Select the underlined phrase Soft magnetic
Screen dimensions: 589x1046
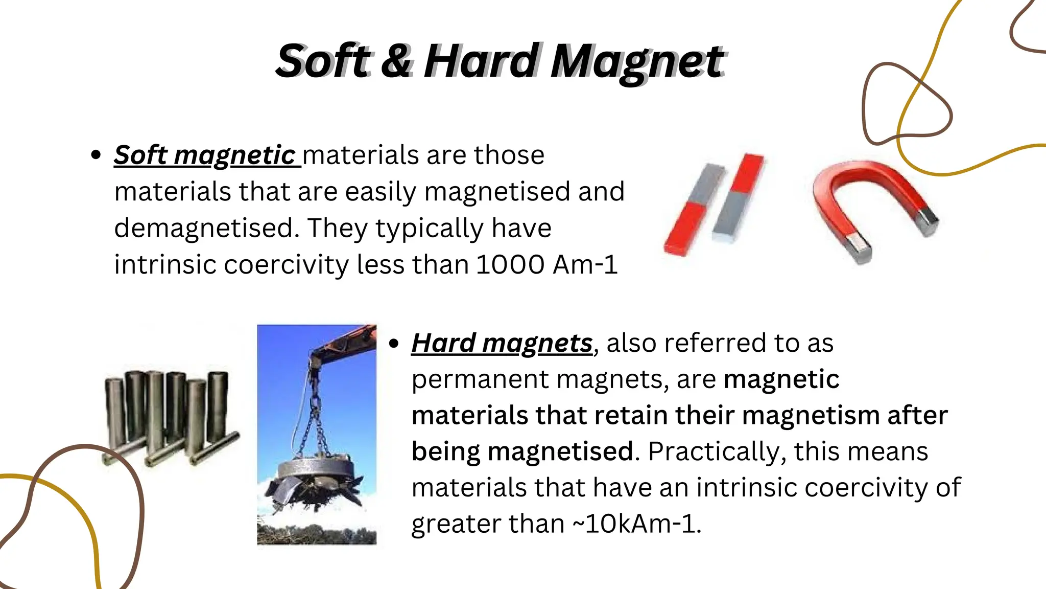[205, 155]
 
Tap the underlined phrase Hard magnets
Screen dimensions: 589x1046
[502, 343]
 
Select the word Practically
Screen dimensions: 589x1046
[713, 452]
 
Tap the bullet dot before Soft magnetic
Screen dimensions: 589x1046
[96, 155]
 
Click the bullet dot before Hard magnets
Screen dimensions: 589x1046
[393, 344]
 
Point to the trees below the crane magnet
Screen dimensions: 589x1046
[317, 534]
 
